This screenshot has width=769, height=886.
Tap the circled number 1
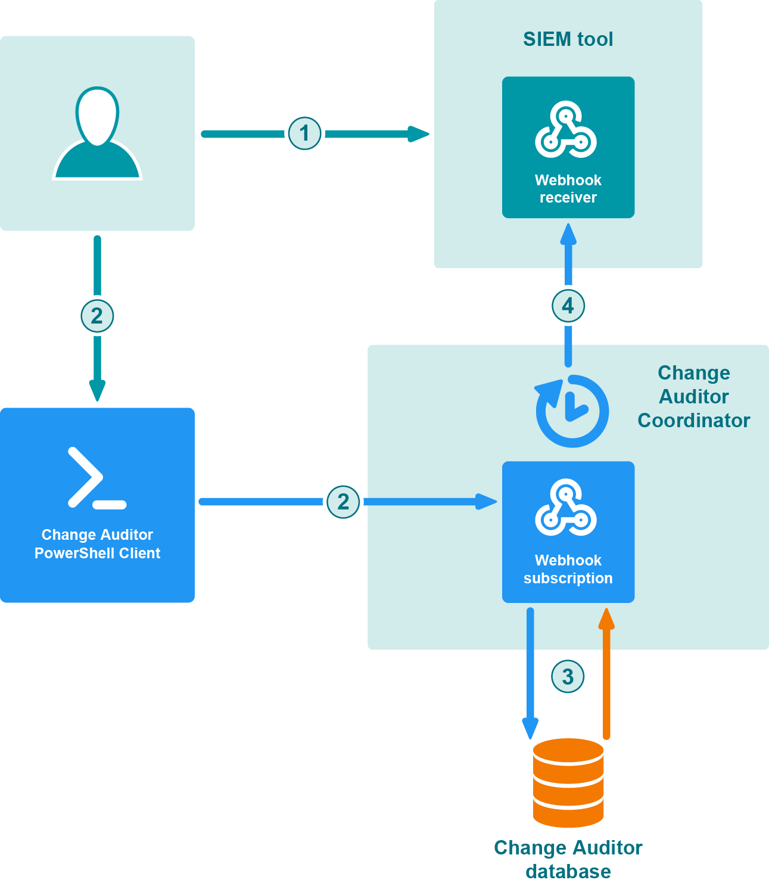pos(305,133)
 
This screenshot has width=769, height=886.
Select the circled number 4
pos(568,306)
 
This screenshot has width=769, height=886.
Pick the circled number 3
pos(568,677)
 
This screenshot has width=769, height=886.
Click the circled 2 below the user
pos(97,316)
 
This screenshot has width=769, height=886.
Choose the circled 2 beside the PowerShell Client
pos(343,502)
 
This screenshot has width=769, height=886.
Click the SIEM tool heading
pos(568,39)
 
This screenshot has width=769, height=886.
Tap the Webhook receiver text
pos(568,189)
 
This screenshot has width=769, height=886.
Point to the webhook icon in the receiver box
pos(565,130)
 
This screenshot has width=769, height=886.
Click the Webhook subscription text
pos(568,569)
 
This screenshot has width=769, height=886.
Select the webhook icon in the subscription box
pos(565,508)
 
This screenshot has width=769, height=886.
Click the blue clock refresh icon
pos(571,411)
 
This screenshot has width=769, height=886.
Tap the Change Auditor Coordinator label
pos(693,397)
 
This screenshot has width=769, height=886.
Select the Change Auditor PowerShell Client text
pos(97,544)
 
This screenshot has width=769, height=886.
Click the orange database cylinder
pos(568,782)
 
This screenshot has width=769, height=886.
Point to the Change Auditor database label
pos(568,859)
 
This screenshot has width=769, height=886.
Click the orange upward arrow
pos(606,673)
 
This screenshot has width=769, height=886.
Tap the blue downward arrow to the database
pos(530,673)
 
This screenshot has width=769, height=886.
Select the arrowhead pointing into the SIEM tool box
pos(419,133)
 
